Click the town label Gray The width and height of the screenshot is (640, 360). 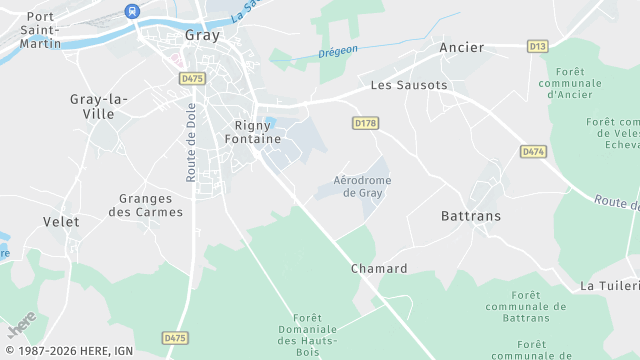point(203,34)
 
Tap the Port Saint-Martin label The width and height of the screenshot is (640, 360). point(41,30)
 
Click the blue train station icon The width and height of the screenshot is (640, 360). point(132,10)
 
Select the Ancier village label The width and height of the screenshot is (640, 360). point(461,47)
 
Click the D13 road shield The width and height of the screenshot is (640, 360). point(538,46)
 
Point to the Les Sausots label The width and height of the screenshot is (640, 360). point(409,85)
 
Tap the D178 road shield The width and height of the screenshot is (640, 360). point(366,123)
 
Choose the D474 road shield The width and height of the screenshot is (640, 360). point(533,151)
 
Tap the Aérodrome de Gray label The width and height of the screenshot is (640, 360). point(362,186)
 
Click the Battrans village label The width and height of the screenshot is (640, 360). point(471,216)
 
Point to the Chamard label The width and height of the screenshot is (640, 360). point(379,269)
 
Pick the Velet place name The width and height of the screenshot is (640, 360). point(61,221)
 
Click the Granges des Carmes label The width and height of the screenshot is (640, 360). point(145,205)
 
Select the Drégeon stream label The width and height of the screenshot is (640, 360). point(338,52)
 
